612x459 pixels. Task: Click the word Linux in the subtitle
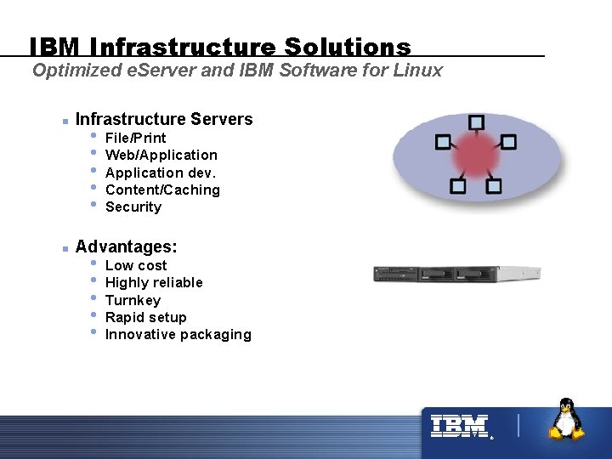tap(418, 71)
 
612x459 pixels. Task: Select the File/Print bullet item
tap(135, 138)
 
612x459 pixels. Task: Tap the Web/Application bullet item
tap(161, 155)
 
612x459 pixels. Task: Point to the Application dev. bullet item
tap(161, 173)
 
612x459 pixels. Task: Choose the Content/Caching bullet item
tap(162, 190)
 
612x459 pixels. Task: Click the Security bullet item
tap(133, 207)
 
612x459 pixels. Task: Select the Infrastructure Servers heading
tap(164, 119)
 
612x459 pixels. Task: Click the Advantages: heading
tap(126, 246)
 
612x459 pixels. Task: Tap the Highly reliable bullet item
tap(154, 282)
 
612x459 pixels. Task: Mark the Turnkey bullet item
tap(133, 300)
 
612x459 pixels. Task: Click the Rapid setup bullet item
tap(145, 317)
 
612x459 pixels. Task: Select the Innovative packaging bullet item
tap(178, 334)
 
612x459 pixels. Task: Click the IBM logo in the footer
tap(459, 426)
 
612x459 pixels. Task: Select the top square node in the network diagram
tap(476, 122)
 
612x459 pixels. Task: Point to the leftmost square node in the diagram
tap(443, 143)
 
